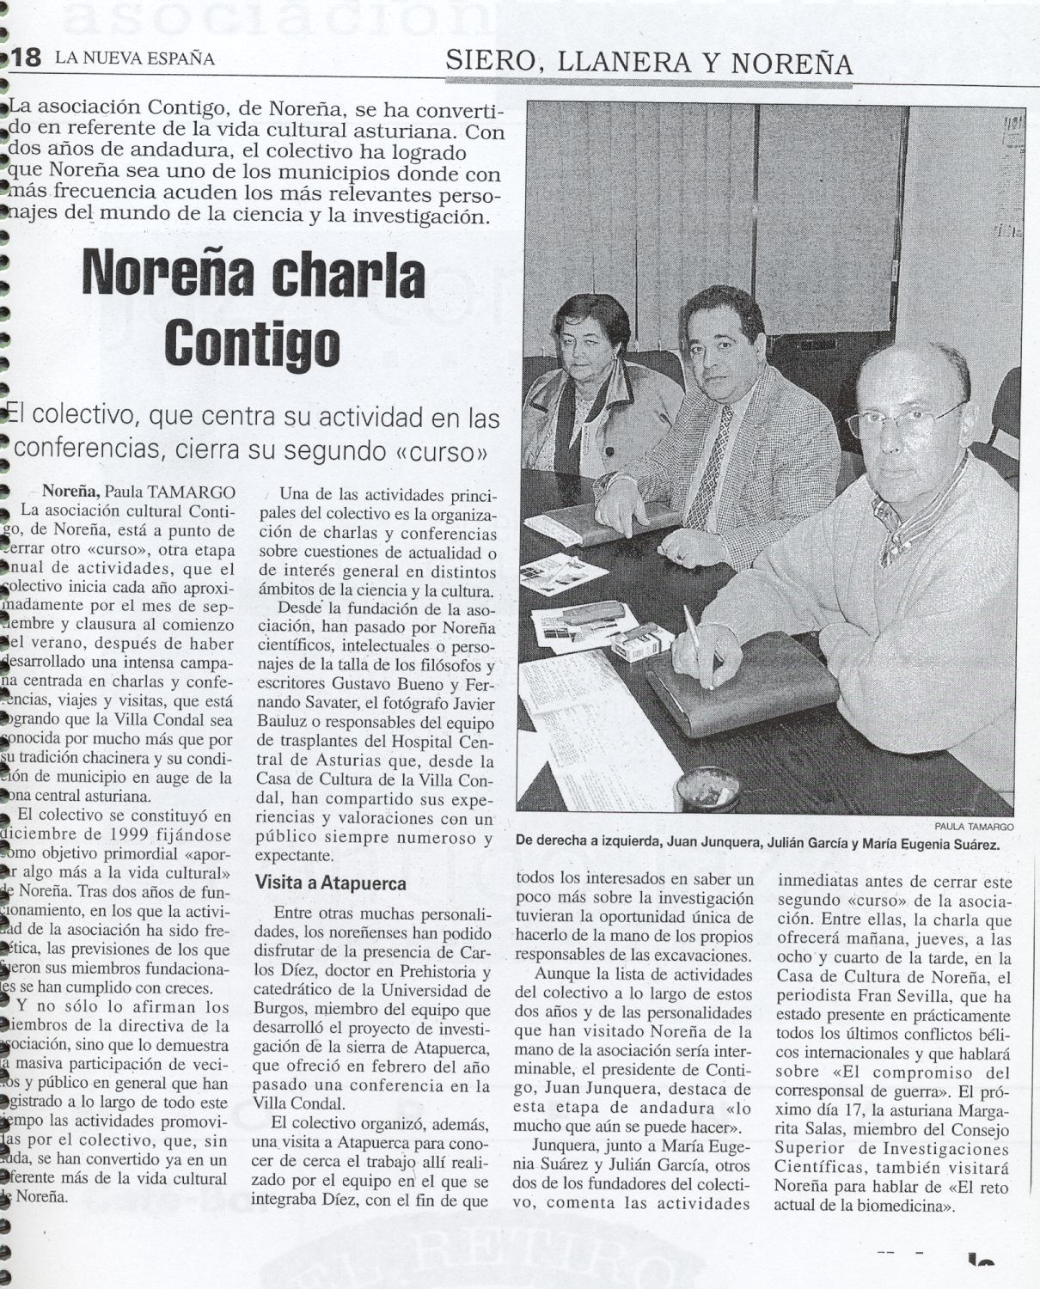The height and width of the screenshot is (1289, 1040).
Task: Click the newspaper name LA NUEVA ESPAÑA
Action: click(135, 59)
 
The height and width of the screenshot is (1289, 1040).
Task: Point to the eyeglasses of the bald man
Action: click(898, 419)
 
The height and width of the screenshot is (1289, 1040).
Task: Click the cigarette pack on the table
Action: click(642, 642)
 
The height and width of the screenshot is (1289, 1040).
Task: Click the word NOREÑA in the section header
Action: click(797, 63)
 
